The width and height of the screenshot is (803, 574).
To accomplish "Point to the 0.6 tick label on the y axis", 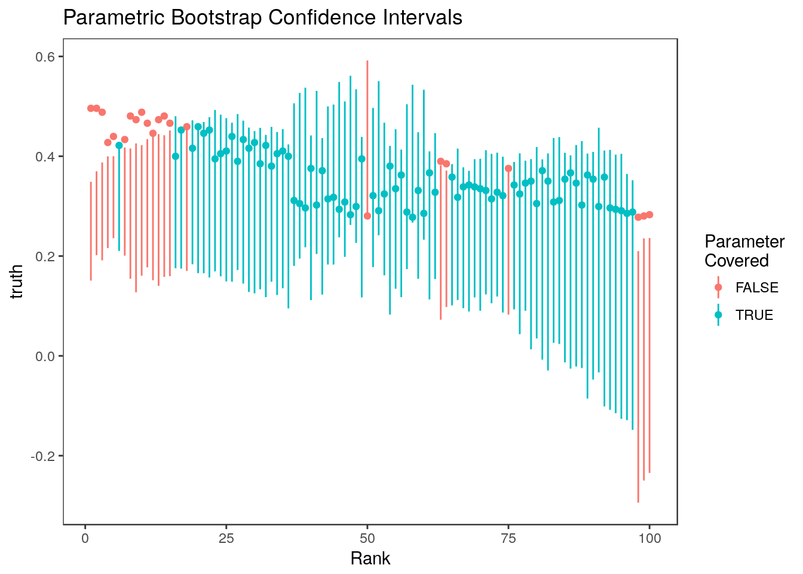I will (x=43, y=57).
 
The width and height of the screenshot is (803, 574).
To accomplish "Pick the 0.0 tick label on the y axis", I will (x=43, y=356).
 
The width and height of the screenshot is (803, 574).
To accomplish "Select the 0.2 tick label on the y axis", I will (x=43, y=257).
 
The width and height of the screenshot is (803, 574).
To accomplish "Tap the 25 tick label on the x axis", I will (x=226, y=538).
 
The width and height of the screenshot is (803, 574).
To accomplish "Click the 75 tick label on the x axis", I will (x=508, y=538).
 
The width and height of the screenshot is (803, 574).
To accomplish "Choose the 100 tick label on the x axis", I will (x=649, y=538).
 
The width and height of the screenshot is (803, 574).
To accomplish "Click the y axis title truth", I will (x=17, y=282).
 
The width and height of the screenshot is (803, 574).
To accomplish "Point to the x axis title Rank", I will (x=370, y=558).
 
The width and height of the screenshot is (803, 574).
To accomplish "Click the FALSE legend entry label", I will (x=757, y=288).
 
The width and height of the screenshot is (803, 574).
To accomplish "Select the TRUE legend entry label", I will (x=754, y=315).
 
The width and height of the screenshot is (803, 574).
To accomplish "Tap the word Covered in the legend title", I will (x=736, y=261).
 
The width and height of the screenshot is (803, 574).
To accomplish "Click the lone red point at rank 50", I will (x=367, y=216).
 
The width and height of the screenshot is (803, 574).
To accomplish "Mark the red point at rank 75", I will (x=508, y=169).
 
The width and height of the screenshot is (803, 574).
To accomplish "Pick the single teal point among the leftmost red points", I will (x=119, y=145).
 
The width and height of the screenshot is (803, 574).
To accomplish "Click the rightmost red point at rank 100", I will (x=649, y=215).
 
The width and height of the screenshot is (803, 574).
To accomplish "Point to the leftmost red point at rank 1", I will (x=91, y=108).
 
